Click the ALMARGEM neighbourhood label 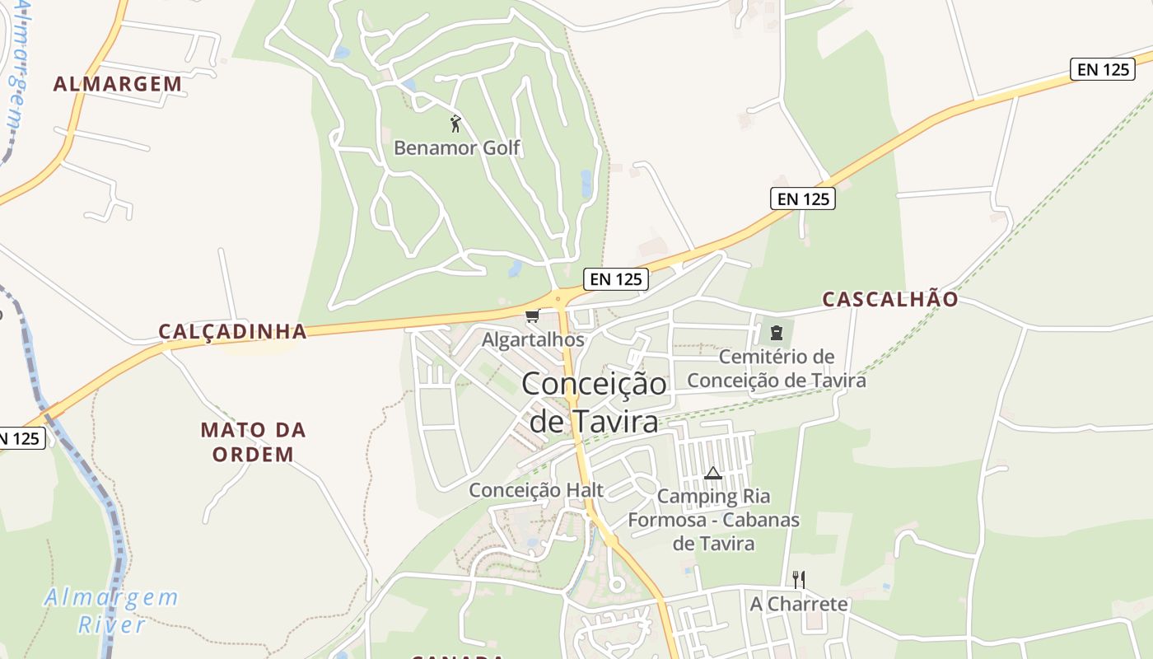pos(118,84)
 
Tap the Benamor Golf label pos(457,148)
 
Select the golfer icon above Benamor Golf pos(455,124)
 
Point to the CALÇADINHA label pos(232,331)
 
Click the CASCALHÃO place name pos(890,299)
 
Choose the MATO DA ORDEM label pos(253,442)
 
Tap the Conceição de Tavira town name pos(594,403)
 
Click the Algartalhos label pos(533,339)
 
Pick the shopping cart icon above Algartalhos pos(532,316)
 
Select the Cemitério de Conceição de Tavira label pos(777,368)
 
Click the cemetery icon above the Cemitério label pos(776,333)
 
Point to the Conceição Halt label pos(536,490)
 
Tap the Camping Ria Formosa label pos(713,520)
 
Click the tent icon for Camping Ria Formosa pos(713,473)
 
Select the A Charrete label pos(798,604)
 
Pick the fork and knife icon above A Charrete pos(798,579)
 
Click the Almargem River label pos(111,610)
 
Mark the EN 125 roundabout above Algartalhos pos(560,297)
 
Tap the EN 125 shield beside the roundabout pos(616,279)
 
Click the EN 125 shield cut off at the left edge pos(19,438)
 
